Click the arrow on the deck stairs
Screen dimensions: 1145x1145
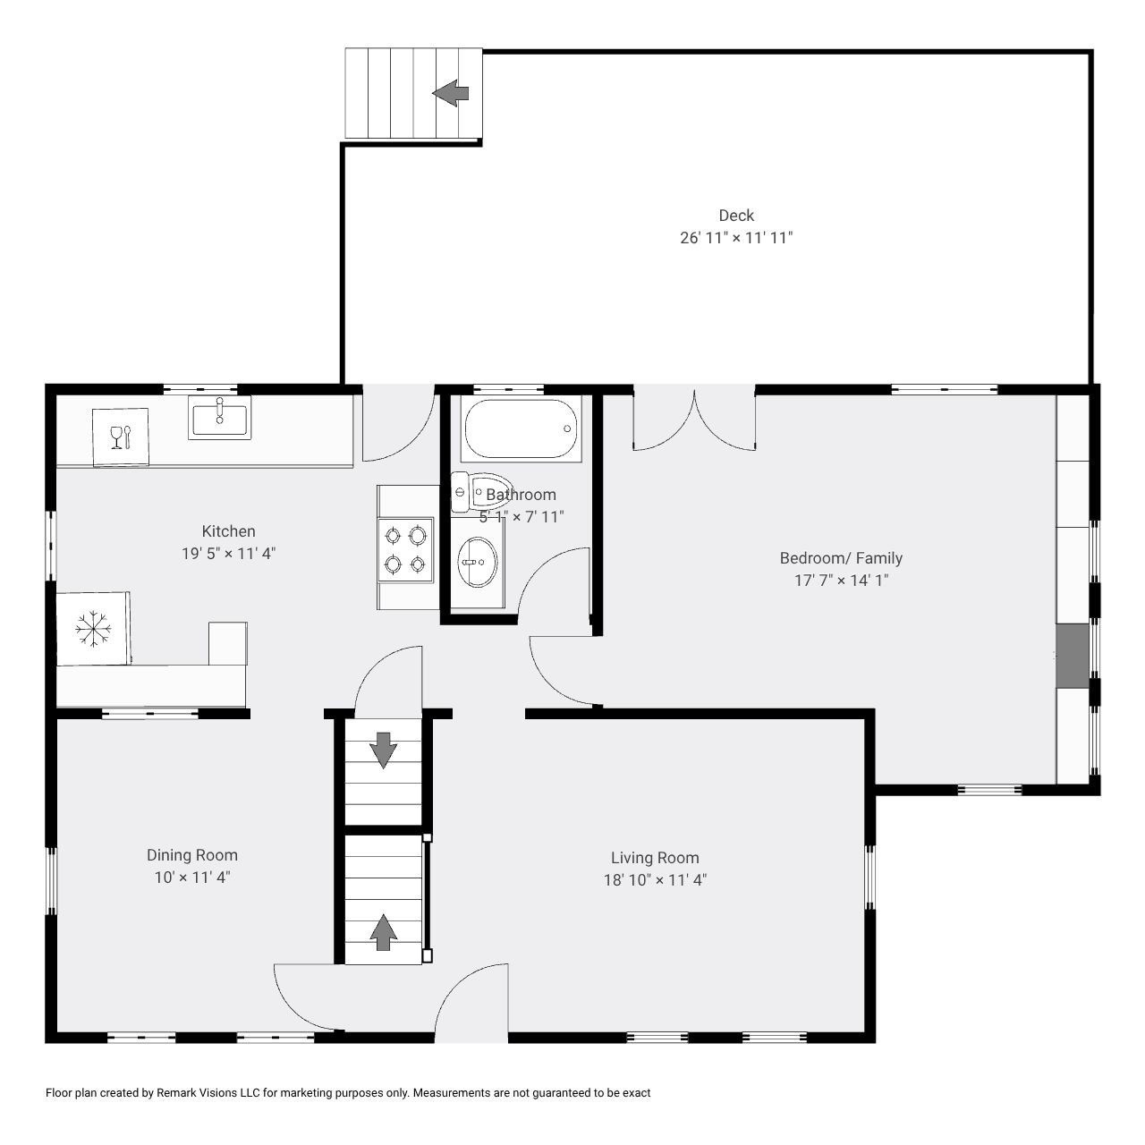[450, 93]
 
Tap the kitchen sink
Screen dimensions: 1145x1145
[219, 417]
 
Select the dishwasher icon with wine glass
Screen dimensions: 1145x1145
[121, 437]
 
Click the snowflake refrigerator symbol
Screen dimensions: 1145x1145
[93, 629]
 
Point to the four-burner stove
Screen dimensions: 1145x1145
[405, 549]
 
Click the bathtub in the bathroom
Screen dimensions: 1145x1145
[521, 429]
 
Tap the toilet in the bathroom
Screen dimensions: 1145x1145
[480, 492]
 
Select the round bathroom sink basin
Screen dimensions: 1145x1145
[477, 562]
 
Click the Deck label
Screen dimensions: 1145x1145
[736, 216]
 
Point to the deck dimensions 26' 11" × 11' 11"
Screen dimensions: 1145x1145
[736, 238]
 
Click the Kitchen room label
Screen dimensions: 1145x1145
[229, 531]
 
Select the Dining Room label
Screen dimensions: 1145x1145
[192, 855]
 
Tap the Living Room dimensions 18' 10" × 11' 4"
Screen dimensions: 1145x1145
[655, 880]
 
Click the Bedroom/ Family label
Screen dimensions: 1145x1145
[841, 558]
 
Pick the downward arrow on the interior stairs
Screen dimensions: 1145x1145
[383, 750]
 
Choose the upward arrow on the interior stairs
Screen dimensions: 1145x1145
[383, 932]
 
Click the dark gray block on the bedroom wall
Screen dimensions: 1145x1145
[1073, 656]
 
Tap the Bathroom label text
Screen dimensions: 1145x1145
[522, 495]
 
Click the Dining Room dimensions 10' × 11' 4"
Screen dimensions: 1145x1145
[192, 878]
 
